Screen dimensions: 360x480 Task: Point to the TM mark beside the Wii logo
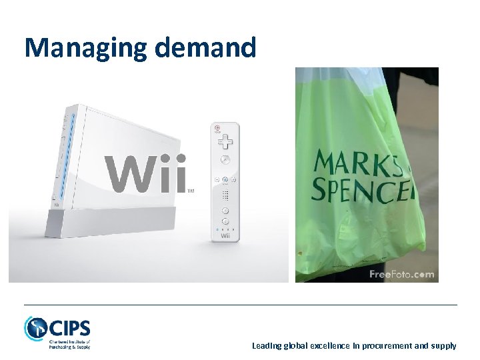click(x=191, y=191)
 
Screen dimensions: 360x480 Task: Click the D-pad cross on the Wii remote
click(x=225, y=141)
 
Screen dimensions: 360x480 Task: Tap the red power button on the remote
click(x=217, y=127)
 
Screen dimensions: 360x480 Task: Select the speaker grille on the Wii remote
click(x=225, y=195)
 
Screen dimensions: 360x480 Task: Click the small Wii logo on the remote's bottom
click(x=225, y=236)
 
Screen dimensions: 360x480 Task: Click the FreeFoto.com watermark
click(x=401, y=274)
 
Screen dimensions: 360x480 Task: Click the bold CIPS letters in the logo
click(x=69, y=328)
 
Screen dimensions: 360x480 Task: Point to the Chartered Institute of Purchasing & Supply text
click(x=69, y=345)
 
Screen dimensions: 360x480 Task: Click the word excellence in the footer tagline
click(x=327, y=346)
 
